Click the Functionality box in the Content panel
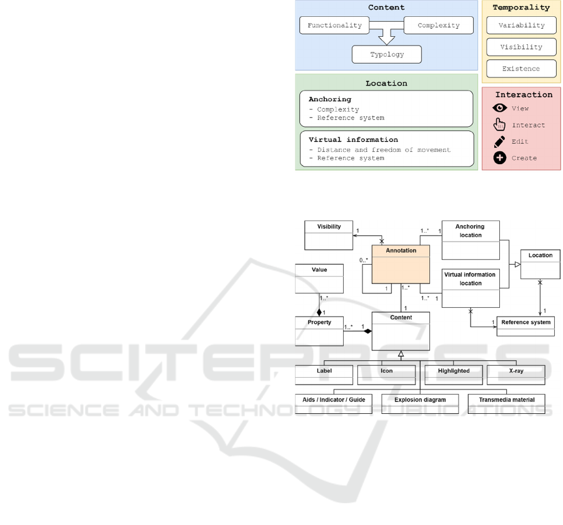point(334,26)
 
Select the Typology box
point(387,54)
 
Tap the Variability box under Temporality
point(521,26)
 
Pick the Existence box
point(521,68)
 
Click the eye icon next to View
point(499,108)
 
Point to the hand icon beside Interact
point(499,124)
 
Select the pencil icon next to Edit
point(499,142)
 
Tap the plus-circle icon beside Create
point(499,158)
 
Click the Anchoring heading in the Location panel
point(330,99)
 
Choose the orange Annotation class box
point(401,263)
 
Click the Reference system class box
point(526,326)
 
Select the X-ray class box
point(516,374)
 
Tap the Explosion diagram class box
point(420,403)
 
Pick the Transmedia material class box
point(506,403)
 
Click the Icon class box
point(386,374)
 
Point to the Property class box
point(319,330)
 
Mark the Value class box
point(319,277)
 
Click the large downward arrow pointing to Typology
point(387,36)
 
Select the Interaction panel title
point(524,95)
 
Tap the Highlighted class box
point(453,374)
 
